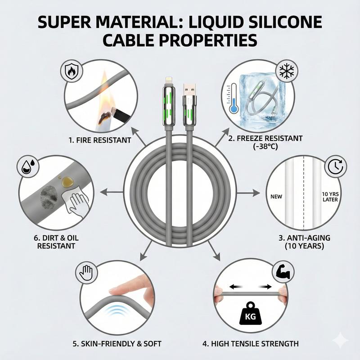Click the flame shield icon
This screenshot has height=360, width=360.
[x=72, y=71]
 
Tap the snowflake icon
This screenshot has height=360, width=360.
[x=287, y=71]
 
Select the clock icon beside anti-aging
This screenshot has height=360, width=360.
[x=335, y=166]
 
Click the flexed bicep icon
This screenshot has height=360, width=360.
[x=283, y=272]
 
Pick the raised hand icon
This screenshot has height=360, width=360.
[x=86, y=273]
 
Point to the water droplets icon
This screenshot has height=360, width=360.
[x=28, y=166]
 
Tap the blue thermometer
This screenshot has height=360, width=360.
[x=233, y=99]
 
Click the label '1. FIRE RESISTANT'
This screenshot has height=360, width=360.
[x=100, y=140]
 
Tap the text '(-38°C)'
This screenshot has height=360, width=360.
[x=265, y=146]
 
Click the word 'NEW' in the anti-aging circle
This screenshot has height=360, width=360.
[x=276, y=197]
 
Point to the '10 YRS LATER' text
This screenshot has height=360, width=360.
[x=330, y=197]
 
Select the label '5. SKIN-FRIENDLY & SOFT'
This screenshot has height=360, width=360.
[x=117, y=344]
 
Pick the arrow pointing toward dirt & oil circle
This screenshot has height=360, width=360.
[x=112, y=192]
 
